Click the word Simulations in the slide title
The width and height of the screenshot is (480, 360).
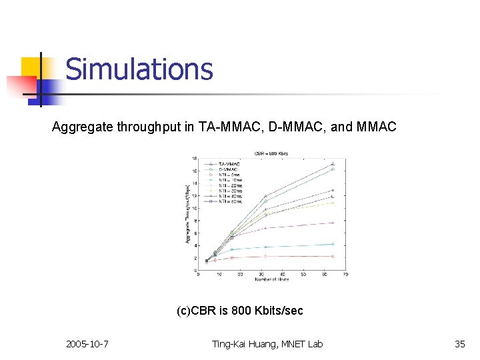(139, 69)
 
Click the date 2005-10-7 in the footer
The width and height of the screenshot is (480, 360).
(88, 344)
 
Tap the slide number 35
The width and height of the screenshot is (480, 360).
(459, 344)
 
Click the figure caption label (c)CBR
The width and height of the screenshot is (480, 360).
(196, 311)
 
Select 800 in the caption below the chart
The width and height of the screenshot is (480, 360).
(240, 311)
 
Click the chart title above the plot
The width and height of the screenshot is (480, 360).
(271, 153)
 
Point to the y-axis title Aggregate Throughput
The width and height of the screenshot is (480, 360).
(187, 213)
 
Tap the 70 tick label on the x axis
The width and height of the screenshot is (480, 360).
(346, 274)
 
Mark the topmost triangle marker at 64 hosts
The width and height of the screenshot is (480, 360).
(333, 163)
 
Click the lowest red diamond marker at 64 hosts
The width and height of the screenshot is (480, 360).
(333, 256)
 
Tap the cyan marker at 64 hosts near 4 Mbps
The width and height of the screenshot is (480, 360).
(333, 244)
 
